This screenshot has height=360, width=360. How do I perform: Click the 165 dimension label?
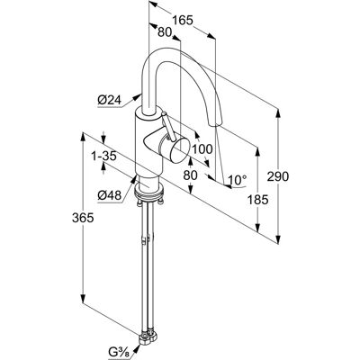tap(182, 21)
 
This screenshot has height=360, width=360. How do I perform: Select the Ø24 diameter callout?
tap(109, 101)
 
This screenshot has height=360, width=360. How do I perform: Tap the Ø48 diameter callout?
tap(109, 195)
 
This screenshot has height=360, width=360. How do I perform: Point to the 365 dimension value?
tap(83, 218)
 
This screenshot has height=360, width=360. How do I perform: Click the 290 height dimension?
tap(278, 176)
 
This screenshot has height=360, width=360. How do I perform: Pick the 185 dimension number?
tap(257, 199)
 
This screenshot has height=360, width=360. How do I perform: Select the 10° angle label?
tap(238, 180)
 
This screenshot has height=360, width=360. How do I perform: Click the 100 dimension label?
tap(202, 148)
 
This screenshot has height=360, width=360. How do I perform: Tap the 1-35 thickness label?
tap(103, 157)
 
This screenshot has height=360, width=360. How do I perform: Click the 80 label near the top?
tap(165, 32)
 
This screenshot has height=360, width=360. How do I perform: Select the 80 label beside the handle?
tap(190, 175)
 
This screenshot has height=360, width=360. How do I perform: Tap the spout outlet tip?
tap(214, 122)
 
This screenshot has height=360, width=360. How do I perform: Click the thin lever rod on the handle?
tap(168, 126)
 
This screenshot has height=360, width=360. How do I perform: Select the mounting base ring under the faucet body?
tap(149, 191)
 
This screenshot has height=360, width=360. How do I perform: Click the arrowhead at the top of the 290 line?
tap(278, 113)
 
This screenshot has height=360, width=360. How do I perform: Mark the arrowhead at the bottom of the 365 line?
tap(83, 299)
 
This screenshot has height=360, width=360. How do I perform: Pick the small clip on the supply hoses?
tap(144, 240)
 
